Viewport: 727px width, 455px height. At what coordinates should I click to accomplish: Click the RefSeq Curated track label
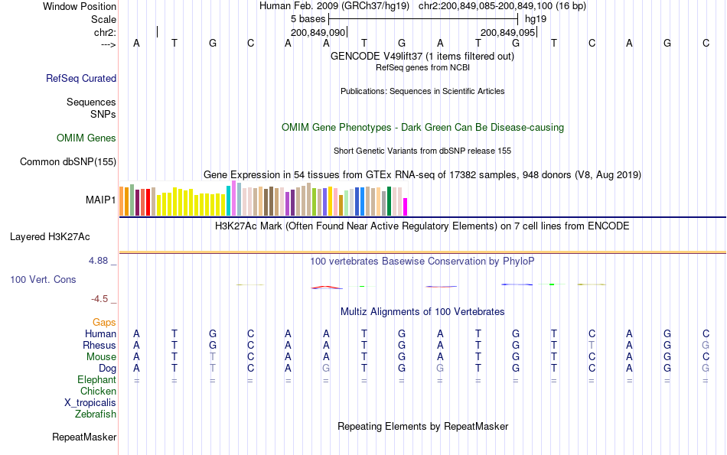pyautogui.click(x=81, y=78)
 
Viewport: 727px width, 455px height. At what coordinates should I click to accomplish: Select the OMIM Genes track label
pyautogui.click(x=86, y=138)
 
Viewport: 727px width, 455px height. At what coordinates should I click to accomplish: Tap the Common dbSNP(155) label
pyautogui.click(x=68, y=161)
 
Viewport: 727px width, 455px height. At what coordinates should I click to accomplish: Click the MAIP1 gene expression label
pyautogui.click(x=101, y=200)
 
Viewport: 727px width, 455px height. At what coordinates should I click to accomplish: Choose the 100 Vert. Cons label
pyautogui.click(x=43, y=280)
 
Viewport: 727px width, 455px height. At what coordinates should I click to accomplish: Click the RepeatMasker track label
pyautogui.click(x=84, y=437)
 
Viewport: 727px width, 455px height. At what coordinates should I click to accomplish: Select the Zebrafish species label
pyautogui.click(x=96, y=414)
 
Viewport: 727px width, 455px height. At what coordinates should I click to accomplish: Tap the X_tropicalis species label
pyautogui.click(x=90, y=403)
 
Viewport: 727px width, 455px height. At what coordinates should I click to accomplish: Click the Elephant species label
pyautogui.click(x=96, y=380)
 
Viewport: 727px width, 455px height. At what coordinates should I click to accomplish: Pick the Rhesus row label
pyautogui.click(x=99, y=346)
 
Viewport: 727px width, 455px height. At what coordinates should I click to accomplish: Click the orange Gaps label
pyautogui.click(x=104, y=323)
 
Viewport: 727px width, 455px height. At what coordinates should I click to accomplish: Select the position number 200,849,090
pyautogui.click(x=318, y=33)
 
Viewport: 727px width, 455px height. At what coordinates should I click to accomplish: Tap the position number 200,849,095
pyautogui.click(x=507, y=33)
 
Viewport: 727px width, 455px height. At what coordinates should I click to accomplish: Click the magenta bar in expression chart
pyautogui.click(x=406, y=207)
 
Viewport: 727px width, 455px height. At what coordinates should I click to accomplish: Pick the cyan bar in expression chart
pyautogui.click(x=228, y=200)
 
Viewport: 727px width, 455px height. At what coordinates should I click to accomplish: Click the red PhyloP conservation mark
pyautogui.click(x=326, y=288)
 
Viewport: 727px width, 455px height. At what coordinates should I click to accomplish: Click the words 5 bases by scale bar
pyautogui.click(x=308, y=18)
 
